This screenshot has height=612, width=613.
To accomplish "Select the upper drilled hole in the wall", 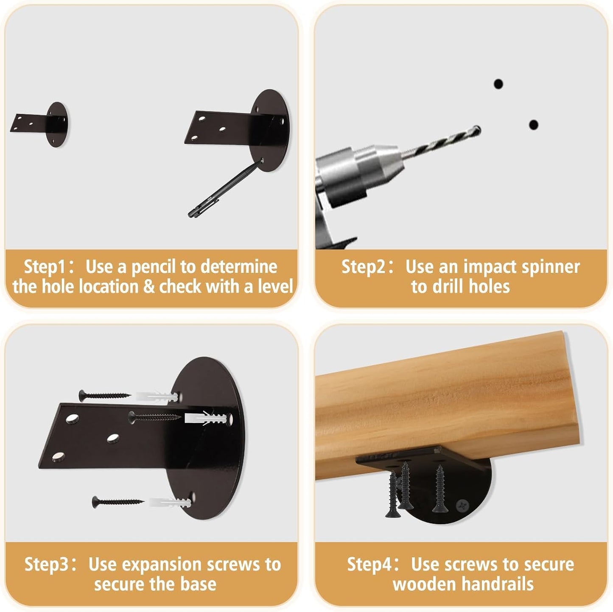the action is pos(498,84).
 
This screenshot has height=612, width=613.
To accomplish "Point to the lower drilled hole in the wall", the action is pos(534,125).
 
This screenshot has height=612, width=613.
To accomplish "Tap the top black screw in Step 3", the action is pos(104,396).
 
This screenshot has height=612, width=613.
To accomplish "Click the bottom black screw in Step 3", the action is pos(118,502).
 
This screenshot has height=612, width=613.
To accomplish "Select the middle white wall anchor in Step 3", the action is pos(205,418).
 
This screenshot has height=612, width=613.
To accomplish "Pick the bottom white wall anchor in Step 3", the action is pos(170,503).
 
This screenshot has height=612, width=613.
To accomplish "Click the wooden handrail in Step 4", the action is pos(445,404).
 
